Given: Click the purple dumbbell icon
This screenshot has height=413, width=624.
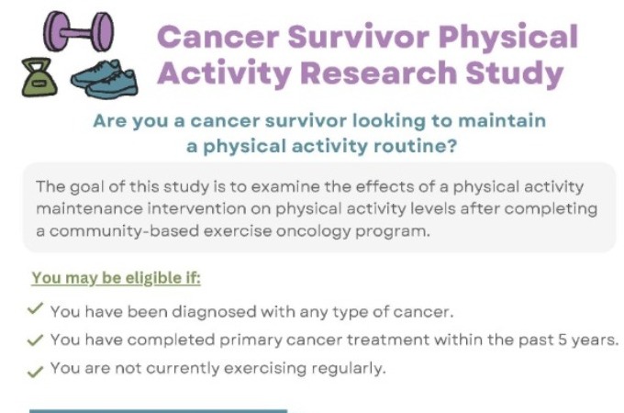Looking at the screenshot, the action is [78, 32].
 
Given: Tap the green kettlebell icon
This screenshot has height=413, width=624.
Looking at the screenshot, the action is [39, 77].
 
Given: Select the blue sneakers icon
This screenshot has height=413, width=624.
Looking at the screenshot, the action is [105, 79].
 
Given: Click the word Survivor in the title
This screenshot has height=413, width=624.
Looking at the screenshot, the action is [359, 37].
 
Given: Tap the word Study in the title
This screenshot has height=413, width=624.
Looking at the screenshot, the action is [514, 74].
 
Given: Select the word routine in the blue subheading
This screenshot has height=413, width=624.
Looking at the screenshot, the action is [415, 146].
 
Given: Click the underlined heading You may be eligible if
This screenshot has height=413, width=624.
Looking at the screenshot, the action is [117, 278].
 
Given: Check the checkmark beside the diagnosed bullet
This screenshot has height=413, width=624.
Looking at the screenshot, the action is [36, 308].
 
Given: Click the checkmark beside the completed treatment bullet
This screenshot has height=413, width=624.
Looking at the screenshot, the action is [36, 340].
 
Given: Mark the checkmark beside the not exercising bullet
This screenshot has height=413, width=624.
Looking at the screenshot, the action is [36, 371].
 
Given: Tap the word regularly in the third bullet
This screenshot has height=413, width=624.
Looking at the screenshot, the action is [349, 369].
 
